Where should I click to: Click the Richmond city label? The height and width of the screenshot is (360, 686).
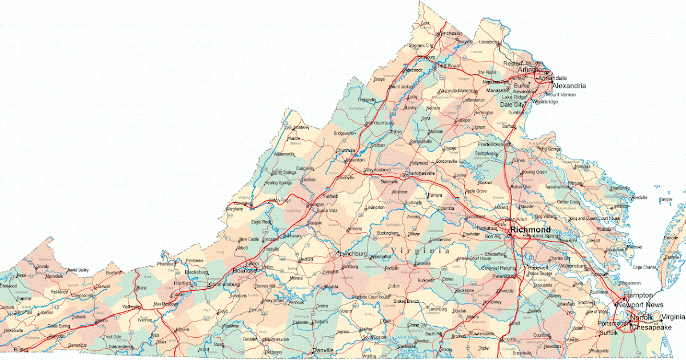531,230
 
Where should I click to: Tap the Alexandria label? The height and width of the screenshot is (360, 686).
568,86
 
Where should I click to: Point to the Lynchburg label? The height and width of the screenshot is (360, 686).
352,253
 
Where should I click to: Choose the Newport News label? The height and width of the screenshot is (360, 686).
640,305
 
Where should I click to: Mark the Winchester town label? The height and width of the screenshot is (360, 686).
451,33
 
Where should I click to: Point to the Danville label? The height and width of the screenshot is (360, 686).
323,350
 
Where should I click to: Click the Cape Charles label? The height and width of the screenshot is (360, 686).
644,267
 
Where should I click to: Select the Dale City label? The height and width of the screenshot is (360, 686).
512,105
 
